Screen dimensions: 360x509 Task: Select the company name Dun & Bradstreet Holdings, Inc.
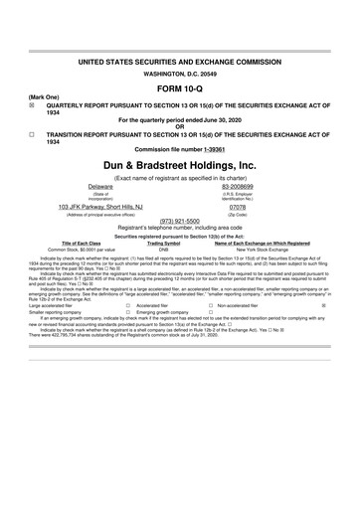pos(179,163)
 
